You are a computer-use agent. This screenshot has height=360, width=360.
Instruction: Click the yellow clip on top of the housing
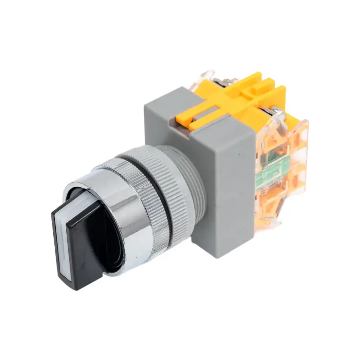pyautogui.click(x=230, y=103)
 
